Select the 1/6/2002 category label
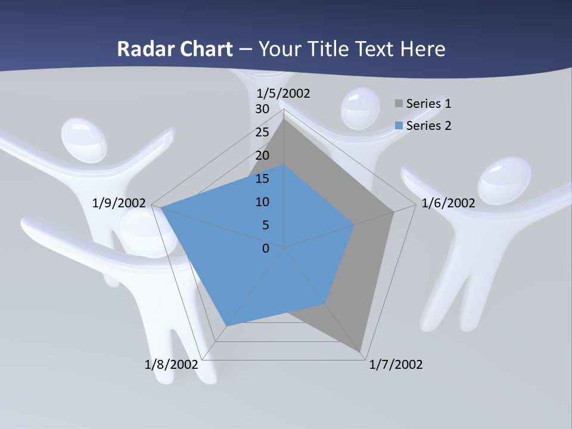pyautogui.click(x=448, y=203)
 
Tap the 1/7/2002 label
pyautogui.click(x=396, y=365)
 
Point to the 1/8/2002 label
pyautogui.click(x=172, y=365)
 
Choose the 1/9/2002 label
pyautogui.click(x=119, y=203)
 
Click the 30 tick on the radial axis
pyautogui.click(x=262, y=110)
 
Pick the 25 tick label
pyautogui.click(x=262, y=132)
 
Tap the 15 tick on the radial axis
pyautogui.click(x=262, y=179)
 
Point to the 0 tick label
pyautogui.click(x=266, y=248)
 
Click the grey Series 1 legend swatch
pyautogui.click(x=399, y=104)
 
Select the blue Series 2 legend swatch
pyautogui.click(x=399, y=126)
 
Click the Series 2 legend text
pyautogui.click(x=428, y=126)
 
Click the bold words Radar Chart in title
pyautogui.click(x=175, y=49)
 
